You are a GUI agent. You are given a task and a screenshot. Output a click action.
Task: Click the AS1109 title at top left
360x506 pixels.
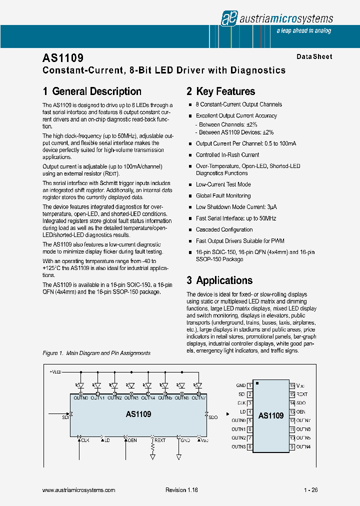(63, 58)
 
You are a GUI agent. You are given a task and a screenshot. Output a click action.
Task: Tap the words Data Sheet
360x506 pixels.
(314, 57)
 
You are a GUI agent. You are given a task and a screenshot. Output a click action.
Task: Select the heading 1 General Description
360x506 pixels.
(92, 91)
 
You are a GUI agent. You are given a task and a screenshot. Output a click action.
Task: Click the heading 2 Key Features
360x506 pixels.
(220, 91)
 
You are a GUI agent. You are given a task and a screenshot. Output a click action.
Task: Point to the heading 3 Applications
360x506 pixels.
(219, 280)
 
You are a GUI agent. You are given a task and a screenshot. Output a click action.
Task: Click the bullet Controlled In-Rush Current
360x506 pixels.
(227, 155)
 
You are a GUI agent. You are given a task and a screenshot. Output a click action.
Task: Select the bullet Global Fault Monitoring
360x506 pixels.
(223, 196)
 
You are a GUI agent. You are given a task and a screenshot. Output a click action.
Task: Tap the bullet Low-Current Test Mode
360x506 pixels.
(223, 184)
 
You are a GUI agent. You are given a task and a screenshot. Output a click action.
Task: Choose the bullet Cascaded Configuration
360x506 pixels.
(224, 229)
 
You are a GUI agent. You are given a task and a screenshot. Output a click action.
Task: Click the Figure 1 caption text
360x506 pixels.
(96, 353)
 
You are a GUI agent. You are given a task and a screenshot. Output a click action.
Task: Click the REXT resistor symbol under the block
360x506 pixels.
(152, 450)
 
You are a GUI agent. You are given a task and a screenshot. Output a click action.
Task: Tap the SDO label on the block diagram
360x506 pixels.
(212, 417)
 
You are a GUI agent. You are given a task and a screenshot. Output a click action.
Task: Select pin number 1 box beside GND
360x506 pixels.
(249, 385)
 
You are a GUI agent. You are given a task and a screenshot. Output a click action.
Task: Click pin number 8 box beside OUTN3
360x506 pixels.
(249, 446)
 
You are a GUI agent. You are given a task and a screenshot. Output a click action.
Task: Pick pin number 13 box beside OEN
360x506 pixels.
(292, 411)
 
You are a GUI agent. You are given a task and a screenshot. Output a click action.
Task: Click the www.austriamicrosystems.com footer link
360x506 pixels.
(79, 490)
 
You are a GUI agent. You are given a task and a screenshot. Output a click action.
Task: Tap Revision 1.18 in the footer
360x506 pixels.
(181, 490)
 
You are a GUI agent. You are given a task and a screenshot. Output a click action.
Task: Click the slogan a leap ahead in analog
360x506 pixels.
(303, 31)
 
